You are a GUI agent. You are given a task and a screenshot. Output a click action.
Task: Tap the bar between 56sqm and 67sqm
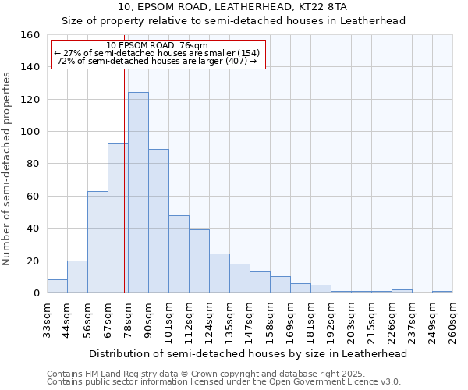pyautogui.click(x=97, y=242)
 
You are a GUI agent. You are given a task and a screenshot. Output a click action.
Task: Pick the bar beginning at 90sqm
pyautogui.click(x=158, y=221)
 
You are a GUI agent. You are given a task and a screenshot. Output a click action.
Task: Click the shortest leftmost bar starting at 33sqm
pyautogui.click(x=57, y=286)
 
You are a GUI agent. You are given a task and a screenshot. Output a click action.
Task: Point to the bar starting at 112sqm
pyautogui.click(x=199, y=261)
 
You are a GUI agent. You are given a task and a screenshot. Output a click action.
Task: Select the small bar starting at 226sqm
pyautogui.click(x=402, y=291)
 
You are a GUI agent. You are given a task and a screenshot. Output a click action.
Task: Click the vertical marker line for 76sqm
pyautogui.click(x=124, y=179)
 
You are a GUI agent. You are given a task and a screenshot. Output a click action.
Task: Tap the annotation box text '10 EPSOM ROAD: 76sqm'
pyautogui.click(x=157, y=46)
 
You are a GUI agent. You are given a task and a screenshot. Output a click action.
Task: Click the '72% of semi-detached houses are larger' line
pyautogui.click(x=157, y=61)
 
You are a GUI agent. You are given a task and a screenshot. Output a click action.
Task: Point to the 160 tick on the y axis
pyautogui.click(x=30, y=35)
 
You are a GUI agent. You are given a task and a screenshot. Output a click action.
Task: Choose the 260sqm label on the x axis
pyautogui.click(x=453, y=320)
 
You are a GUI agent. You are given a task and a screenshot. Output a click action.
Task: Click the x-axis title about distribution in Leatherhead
pyautogui.click(x=248, y=353)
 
